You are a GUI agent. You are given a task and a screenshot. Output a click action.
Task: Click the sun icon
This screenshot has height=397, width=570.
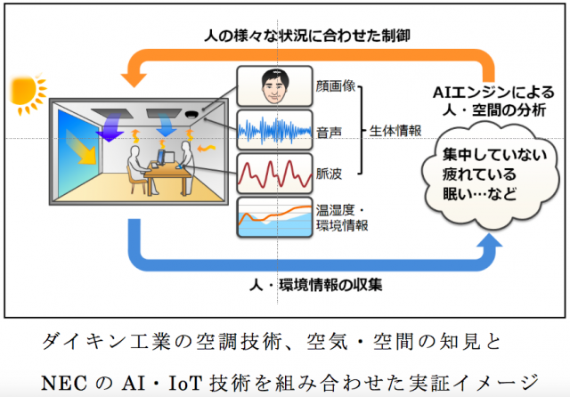[26, 91]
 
